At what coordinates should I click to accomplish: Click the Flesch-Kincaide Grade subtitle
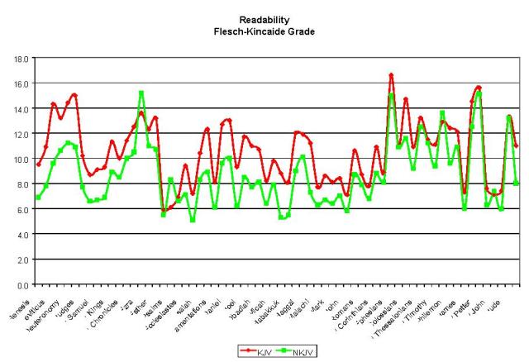coord(264,31)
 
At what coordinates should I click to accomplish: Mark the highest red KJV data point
coord(391,75)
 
